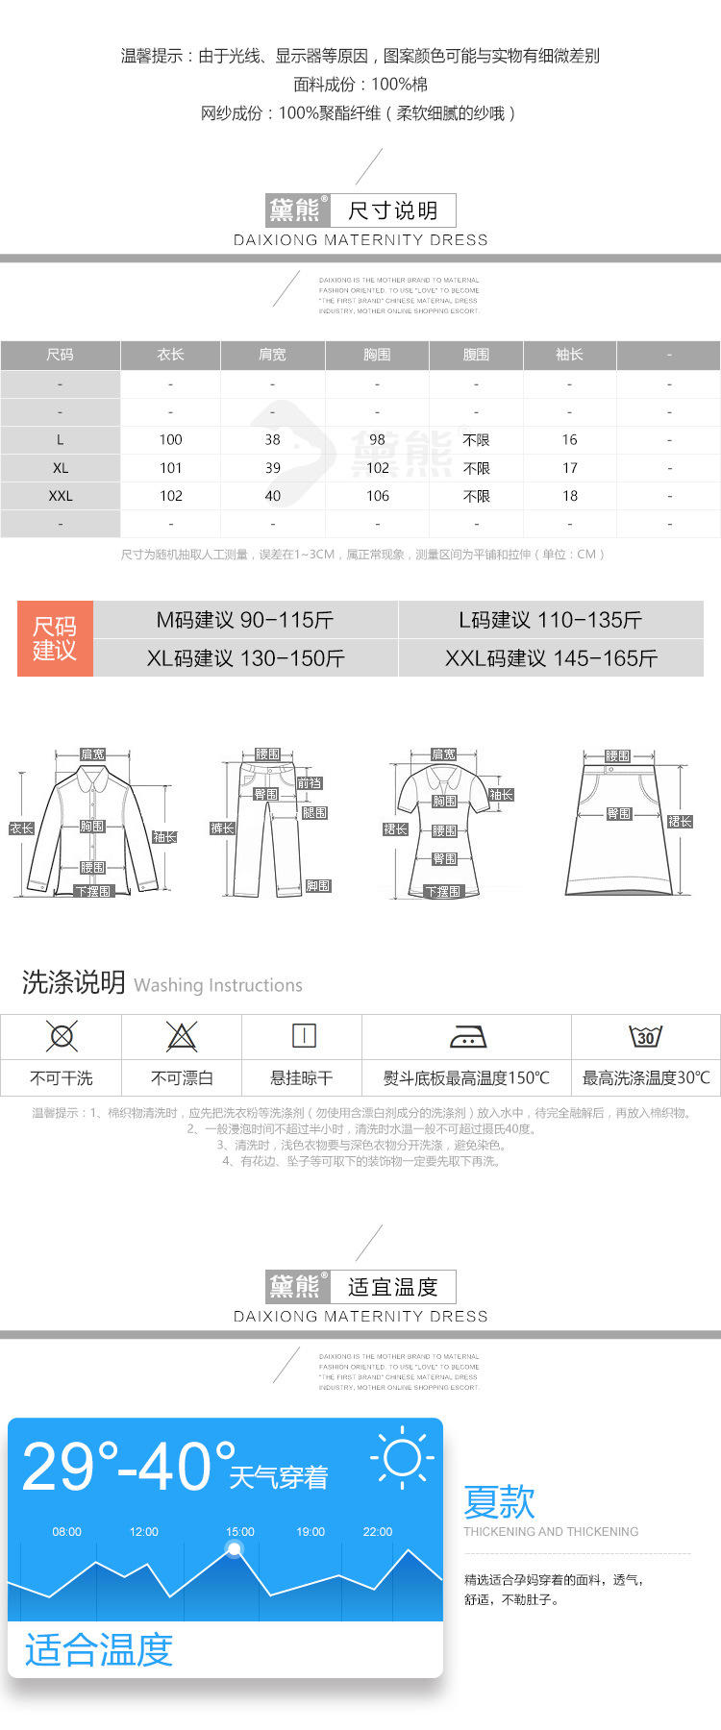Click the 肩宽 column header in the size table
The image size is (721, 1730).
[x=272, y=355]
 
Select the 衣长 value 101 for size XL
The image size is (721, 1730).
[x=170, y=468]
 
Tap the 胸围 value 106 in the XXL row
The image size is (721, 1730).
[x=378, y=496]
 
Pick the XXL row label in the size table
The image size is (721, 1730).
[x=61, y=496]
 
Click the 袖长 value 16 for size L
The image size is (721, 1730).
[x=569, y=439]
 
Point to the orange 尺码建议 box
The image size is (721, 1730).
[x=55, y=638]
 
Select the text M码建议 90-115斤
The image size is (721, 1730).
[x=245, y=620]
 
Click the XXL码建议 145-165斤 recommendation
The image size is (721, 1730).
[x=551, y=658]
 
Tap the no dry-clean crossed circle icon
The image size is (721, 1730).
[x=62, y=1036]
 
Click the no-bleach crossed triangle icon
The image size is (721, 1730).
[x=181, y=1036]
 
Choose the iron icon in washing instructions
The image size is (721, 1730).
[x=467, y=1036]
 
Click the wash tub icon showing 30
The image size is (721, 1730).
[x=645, y=1036]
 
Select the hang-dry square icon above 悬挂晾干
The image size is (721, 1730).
[x=303, y=1035]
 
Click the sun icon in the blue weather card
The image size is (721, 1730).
[x=402, y=1458]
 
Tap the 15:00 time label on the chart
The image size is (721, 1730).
[x=240, y=1532]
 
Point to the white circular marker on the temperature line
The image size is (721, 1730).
[x=235, y=1548]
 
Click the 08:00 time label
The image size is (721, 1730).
[x=67, y=1532]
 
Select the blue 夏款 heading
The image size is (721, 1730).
[x=499, y=1501]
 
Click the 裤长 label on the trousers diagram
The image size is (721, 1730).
[x=222, y=828]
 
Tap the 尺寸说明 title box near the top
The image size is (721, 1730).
[x=392, y=210]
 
